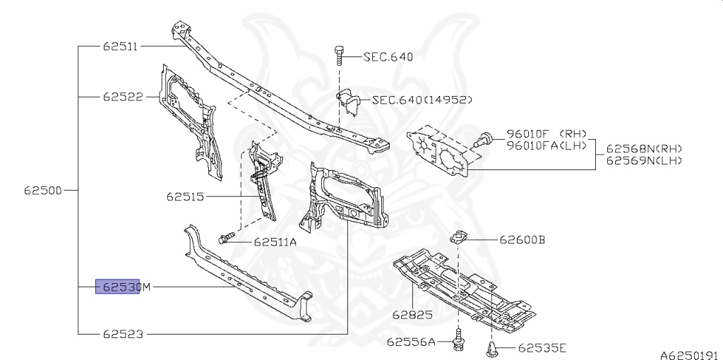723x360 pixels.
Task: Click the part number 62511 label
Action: (120, 47)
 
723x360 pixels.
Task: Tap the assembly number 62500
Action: (44, 190)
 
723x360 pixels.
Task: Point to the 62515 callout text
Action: (186, 196)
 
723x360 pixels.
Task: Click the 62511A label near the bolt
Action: (275, 242)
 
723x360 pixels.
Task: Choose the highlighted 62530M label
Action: (123, 287)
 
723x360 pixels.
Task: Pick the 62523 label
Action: (123, 333)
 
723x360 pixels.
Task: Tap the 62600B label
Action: (522, 240)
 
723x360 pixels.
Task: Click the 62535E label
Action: (542, 347)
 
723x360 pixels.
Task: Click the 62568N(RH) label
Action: (644, 149)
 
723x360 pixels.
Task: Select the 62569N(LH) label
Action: (644, 161)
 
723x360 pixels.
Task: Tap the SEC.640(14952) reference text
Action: (422, 100)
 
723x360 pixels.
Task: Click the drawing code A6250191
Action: (689, 355)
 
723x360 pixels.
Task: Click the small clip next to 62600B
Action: (458, 236)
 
